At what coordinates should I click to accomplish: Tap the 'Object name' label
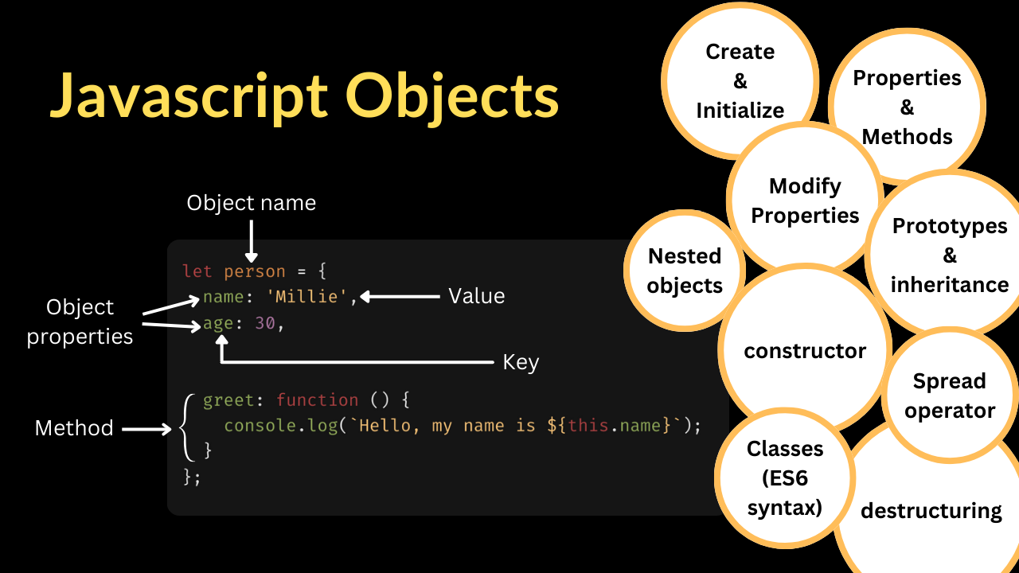pyautogui.click(x=251, y=203)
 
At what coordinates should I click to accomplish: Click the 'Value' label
pyautogui.click(x=476, y=296)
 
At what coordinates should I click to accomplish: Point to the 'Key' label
pyautogui.click(x=521, y=362)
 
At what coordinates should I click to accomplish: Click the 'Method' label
pyautogui.click(x=74, y=428)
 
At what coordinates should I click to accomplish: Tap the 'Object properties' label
pyautogui.click(x=80, y=322)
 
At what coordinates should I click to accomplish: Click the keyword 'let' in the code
pyautogui.click(x=197, y=271)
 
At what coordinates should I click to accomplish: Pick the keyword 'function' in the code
pyautogui.click(x=317, y=400)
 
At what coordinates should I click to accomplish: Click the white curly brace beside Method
pyautogui.click(x=187, y=427)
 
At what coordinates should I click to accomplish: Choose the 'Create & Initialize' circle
pyautogui.click(x=740, y=80)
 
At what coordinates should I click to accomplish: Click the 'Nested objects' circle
pyautogui.click(x=685, y=271)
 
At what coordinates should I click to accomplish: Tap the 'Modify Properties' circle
pyautogui.click(x=805, y=201)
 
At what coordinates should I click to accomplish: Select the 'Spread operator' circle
pyautogui.click(x=949, y=396)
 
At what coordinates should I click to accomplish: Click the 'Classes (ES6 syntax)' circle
pyautogui.click(x=784, y=477)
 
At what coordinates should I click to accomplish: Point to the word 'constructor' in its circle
pyautogui.click(x=805, y=351)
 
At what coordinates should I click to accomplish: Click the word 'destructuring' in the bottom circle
pyautogui.click(x=931, y=510)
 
